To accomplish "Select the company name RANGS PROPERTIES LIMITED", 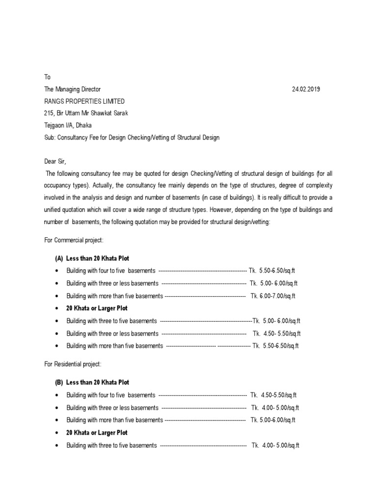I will pos(84,101).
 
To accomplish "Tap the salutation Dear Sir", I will pos(54,162).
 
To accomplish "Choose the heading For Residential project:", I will pos(73,364).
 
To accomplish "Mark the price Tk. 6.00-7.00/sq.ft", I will pos(273,296).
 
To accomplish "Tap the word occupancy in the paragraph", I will pos(58,185).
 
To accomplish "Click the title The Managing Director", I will pos(72,89).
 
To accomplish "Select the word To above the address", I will pos(47,77).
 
